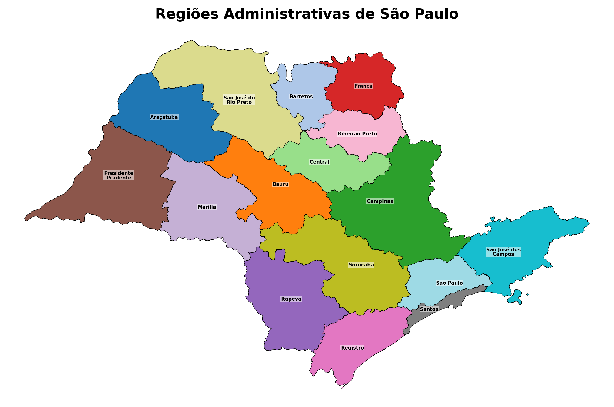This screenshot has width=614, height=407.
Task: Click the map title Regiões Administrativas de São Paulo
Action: [x=307, y=14]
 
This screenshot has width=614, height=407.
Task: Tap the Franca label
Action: [x=364, y=86]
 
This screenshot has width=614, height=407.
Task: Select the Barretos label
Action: [x=301, y=97]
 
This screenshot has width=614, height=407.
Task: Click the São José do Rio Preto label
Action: [x=239, y=100]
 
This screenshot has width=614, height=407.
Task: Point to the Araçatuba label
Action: [x=164, y=117]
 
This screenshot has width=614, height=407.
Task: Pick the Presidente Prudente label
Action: [x=119, y=175]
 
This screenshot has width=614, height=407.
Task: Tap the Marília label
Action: [x=207, y=207]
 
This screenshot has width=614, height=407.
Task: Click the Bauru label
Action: [x=280, y=184]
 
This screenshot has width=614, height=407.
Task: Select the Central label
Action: [x=319, y=162]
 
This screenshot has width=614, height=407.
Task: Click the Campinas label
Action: [x=380, y=201]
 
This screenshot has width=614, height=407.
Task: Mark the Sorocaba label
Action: [x=361, y=265]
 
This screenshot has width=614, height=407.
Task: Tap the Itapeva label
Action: [x=291, y=299]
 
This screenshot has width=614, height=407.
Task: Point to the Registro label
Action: [x=352, y=348]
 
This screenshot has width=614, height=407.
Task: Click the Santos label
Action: [x=429, y=309]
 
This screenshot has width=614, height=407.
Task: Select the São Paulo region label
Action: [x=449, y=283]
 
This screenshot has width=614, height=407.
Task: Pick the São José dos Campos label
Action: [x=503, y=252]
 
